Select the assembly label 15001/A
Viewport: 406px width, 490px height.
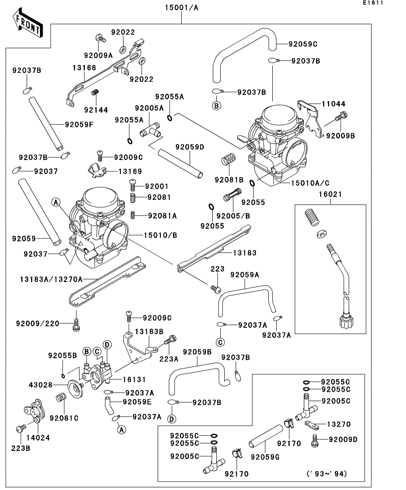coord(182,7)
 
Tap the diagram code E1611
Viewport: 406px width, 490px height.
coord(373,3)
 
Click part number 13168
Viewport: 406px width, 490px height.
coord(84,68)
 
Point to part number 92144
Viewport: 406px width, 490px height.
coord(96,110)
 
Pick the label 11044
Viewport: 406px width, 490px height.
coord(334,104)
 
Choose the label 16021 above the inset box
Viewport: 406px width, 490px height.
coord(330,194)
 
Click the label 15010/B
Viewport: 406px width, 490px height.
coord(160,235)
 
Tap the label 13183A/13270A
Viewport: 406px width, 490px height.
coord(51,279)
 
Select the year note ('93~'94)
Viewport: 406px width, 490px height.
coord(326,474)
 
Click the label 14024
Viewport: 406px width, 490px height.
coord(38,438)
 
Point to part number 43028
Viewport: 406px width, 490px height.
coord(40,385)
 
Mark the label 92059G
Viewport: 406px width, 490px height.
coord(265,457)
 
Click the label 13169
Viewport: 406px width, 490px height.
coord(130,171)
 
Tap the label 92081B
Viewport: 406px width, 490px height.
coord(229,179)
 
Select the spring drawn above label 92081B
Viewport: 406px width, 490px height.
coord(228,159)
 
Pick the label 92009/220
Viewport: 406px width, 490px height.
coord(37,323)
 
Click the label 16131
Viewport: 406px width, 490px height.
coord(134,379)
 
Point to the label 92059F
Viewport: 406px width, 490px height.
coord(79,124)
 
